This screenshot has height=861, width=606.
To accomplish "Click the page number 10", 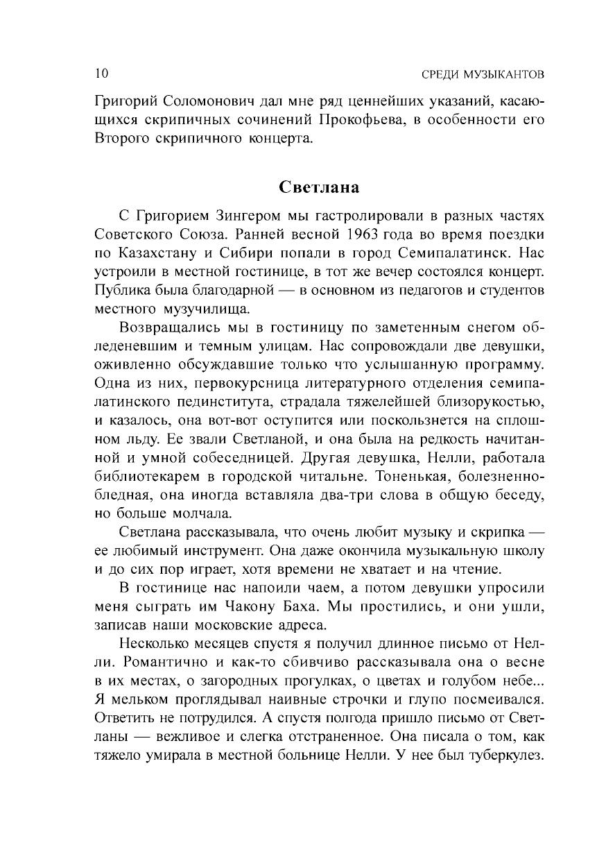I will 101,73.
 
